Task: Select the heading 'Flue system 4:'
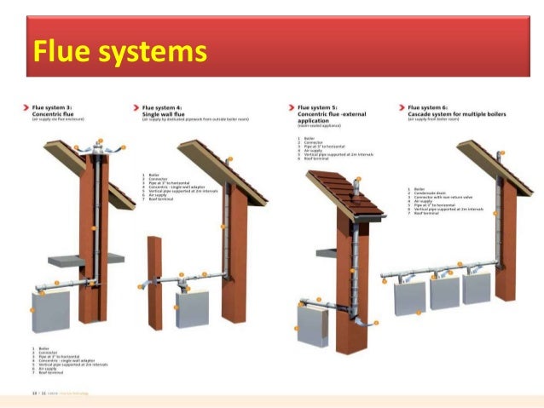click(161, 109)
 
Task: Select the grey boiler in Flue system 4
click(193, 308)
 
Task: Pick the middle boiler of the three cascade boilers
click(444, 292)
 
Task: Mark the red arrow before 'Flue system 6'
click(401, 109)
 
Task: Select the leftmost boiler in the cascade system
click(409, 296)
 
